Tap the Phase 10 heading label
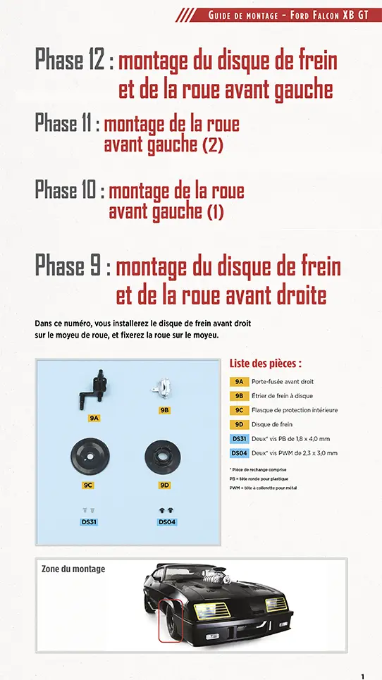click(69, 190)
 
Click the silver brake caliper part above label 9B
click(164, 387)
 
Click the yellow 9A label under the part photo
click(94, 418)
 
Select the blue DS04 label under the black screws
click(168, 521)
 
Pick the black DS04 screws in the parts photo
click(168, 509)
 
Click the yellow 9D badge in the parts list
click(239, 424)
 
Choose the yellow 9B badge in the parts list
click(239, 395)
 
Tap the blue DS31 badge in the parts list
click(239, 439)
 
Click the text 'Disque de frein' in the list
click(271, 424)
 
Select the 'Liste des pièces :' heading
click(266, 364)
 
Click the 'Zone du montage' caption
click(73, 569)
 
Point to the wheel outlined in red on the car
click(171, 619)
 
